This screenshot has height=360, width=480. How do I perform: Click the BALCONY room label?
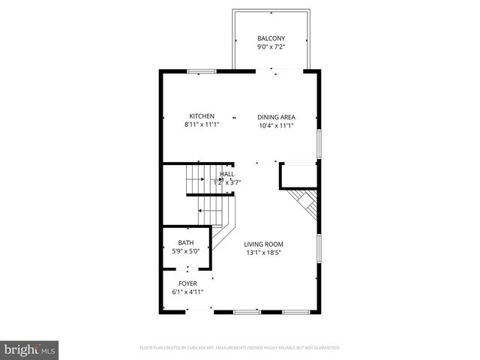point(271,38)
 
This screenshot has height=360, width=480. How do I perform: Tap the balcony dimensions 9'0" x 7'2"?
point(271,47)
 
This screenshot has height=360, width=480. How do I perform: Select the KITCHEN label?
point(202,116)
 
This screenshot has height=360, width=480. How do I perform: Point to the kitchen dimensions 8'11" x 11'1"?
point(202,125)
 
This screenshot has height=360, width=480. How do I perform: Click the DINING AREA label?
point(276,117)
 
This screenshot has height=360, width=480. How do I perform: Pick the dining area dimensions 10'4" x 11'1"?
point(276,126)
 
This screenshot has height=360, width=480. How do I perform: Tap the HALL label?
point(226,174)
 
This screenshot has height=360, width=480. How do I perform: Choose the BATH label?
point(186,242)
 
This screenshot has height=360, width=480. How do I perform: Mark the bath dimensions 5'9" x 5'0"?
point(186,251)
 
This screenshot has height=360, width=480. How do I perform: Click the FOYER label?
point(187,283)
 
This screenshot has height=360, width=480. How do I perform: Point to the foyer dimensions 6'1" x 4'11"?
point(187,292)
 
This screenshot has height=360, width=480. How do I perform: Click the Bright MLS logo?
point(30,349)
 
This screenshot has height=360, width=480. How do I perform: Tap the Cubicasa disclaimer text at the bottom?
point(240,348)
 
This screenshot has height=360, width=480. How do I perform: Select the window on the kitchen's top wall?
point(202,71)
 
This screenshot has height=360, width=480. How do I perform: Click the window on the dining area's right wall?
point(319,142)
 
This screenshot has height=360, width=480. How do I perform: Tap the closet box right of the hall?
point(298,175)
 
